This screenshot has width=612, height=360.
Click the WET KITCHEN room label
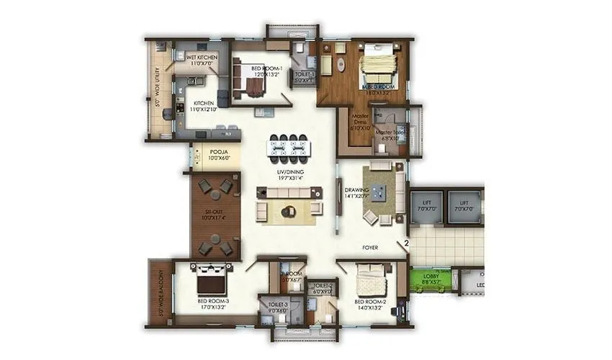coord(202,57)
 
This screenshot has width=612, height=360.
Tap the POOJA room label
coord(219,153)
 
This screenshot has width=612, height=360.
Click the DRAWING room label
coord(356,191)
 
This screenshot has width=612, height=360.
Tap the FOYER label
coord(371,248)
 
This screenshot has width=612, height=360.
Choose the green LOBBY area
coord(433,278)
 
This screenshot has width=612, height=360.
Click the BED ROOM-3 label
coord(215,300)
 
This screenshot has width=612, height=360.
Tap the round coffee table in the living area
coord(289,211)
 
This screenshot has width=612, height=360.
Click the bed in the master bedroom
coord(378,66)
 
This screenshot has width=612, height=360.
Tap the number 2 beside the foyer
coord(406,244)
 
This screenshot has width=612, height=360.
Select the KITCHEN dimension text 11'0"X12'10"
coord(204,109)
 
